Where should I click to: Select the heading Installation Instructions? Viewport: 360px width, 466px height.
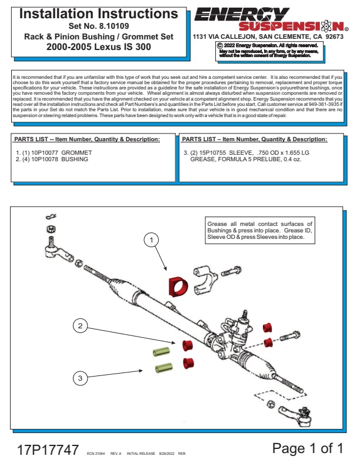[99, 14]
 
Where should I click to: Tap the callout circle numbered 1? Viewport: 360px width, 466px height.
[152, 240]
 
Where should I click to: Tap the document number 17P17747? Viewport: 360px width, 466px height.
[47, 450]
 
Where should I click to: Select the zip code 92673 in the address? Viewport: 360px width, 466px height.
[334, 36]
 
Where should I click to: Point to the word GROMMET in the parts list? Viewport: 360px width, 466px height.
[76, 152]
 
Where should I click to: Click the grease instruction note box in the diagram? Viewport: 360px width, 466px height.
[259, 230]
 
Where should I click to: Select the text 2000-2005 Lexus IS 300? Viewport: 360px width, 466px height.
[99, 46]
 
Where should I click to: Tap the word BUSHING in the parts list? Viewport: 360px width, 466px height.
[75, 159]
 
